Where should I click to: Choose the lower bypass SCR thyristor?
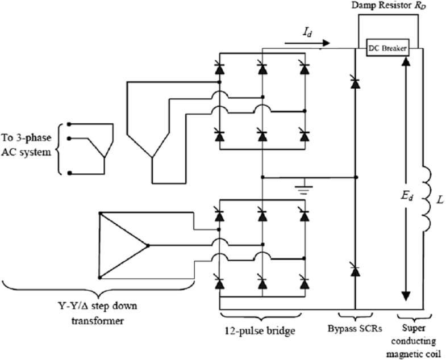(355, 271)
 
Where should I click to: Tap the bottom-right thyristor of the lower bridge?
(305, 282)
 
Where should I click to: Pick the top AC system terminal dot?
(69, 124)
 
